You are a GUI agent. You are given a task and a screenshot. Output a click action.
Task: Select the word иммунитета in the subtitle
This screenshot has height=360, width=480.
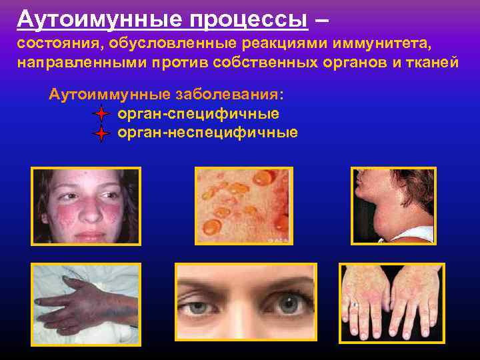[x=388, y=44]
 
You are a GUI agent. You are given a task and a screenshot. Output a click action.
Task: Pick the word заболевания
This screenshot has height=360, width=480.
[x=227, y=93]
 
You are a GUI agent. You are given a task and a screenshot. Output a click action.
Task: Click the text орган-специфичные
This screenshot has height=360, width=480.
[x=198, y=113]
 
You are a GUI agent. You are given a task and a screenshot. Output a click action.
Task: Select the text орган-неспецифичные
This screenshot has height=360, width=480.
[x=207, y=133]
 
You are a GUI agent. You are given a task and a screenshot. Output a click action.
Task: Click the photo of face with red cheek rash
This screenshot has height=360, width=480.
[x=86, y=206]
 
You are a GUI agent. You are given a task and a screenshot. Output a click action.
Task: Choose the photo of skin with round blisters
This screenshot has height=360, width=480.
[x=243, y=206]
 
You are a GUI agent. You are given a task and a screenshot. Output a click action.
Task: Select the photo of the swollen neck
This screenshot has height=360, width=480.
[x=393, y=206]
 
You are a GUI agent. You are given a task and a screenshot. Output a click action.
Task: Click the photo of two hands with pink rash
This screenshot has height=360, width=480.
[x=391, y=303]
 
